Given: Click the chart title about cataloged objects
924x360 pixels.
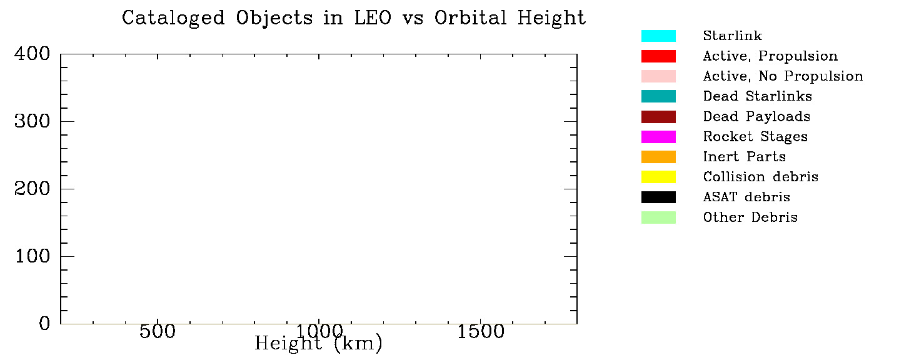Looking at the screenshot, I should pyautogui.click(x=354, y=18).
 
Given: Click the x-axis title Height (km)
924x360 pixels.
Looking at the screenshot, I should pyautogui.click(x=318, y=343).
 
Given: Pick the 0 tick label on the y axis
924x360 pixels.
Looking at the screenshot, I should pyautogui.click(x=44, y=324).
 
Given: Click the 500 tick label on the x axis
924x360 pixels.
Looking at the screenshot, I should pyautogui.click(x=158, y=331).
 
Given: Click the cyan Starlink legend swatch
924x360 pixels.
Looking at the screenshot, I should pyautogui.click(x=658, y=36).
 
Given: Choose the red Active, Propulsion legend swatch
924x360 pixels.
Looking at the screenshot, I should pyautogui.click(x=658, y=56).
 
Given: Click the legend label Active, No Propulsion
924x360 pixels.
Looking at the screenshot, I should pyautogui.click(x=783, y=76).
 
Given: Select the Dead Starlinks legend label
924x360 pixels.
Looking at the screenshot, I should pyautogui.click(x=757, y=96).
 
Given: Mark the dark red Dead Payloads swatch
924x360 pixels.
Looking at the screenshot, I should pyautogui.click(x=658, y=117).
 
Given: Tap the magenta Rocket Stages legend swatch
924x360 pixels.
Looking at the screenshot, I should pyautogui.click(x=658, y=137).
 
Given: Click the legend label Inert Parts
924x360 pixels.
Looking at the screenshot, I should pyautogui.click(x=744, y=157).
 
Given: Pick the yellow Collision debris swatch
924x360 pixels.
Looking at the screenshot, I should pyautogui.click(x=658, y=177).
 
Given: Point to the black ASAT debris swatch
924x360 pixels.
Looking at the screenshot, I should pyautogui.click(x=658, y=197).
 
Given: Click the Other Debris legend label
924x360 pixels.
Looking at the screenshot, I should pyautogui.click(x=750, y=217).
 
